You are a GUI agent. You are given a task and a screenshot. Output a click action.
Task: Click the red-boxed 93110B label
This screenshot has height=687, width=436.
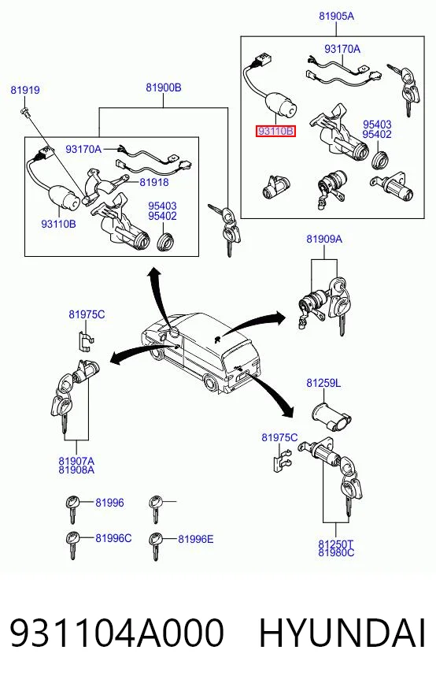tap(275, 131)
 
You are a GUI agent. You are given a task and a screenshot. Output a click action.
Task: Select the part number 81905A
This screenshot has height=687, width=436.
tap(336, 17)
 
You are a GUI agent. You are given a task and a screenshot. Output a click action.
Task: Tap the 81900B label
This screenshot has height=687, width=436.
tap(163, 87)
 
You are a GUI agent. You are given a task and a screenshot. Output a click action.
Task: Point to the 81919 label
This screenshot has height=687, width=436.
tap(25, 91)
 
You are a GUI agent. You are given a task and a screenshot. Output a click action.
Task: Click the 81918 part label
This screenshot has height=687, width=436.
tap(154, 182)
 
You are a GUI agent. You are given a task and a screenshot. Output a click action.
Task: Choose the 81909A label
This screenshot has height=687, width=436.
tap(324, 239)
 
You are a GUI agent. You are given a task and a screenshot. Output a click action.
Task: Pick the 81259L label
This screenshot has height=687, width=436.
tap(323, 383)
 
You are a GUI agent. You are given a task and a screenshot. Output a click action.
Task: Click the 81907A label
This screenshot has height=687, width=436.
tap(76, 460)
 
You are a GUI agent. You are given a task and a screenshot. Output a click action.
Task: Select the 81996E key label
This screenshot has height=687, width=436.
tap(196, 539)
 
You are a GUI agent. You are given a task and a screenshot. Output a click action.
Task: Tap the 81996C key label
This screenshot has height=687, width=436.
tap(113, 538)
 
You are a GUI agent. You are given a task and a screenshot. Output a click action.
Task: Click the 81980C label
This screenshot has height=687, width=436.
tap(336, 553)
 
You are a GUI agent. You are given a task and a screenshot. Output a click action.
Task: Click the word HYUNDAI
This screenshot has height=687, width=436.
tap(342, 633)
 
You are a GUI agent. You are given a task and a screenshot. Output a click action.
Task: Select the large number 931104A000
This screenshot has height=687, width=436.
tap(117, 633)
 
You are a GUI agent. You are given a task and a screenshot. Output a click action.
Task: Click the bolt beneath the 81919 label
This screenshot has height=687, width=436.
tap(24, 111)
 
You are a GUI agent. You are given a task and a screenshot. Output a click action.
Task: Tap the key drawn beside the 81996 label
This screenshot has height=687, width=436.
tap(72, 508)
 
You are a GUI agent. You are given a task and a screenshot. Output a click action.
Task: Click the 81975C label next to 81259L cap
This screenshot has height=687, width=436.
tap(279, 438)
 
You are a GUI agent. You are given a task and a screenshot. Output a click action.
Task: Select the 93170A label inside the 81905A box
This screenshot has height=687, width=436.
tap(342, 49)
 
